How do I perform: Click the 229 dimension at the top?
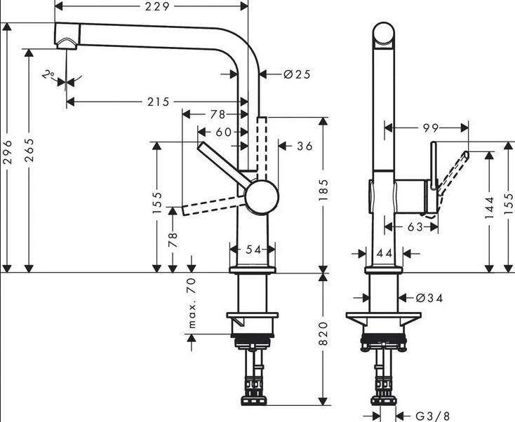[157, 6]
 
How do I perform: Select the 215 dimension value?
[159, 102]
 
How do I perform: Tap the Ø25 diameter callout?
[297, 74]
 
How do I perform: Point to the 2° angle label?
[48, 75]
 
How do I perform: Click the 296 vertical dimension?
[8, 152]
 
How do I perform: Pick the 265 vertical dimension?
[29, 150]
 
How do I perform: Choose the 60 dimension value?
[224, 132]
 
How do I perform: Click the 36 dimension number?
[305, 146]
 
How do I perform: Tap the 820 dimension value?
[323, 334]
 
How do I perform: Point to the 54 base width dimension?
[253, 250]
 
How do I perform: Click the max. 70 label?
[192, 303]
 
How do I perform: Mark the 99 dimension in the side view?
[431, 128]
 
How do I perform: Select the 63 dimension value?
[415, 226]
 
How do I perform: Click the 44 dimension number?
[384, 253]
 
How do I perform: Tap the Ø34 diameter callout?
[429, 298]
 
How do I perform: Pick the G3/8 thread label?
[432, 416]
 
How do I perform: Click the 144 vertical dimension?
[489, 207]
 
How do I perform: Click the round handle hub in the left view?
[262, 198]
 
